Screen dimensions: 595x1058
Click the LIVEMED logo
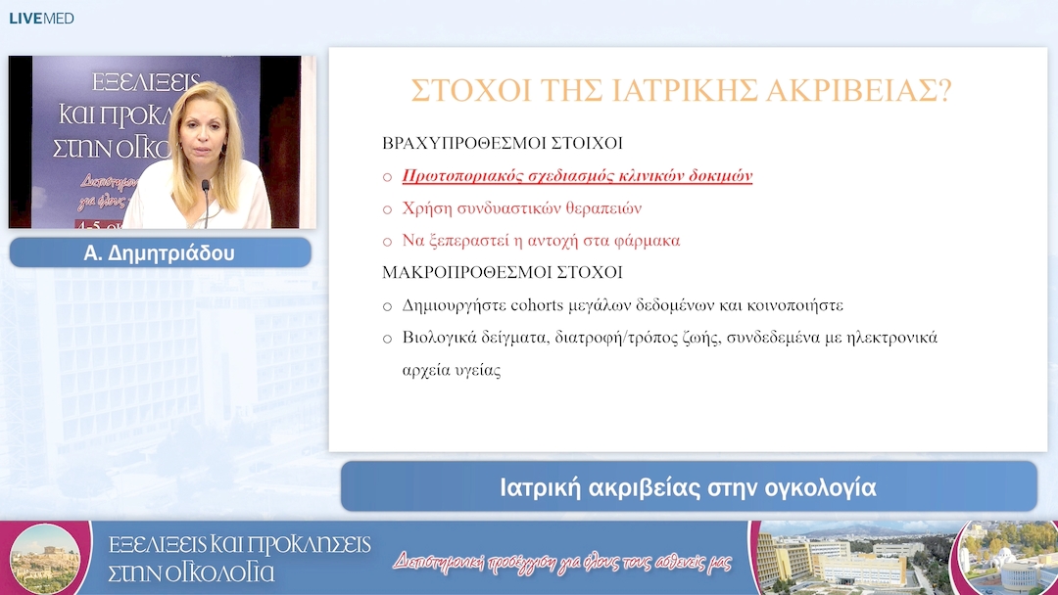point(42,19)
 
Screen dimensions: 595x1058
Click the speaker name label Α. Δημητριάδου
point(160,252)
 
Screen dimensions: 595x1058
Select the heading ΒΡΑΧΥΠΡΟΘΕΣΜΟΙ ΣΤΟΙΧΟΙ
point(502,143)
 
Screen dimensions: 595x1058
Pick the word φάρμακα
point(646,240)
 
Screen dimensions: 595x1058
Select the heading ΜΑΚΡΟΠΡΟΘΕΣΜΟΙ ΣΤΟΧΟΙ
point(502,272)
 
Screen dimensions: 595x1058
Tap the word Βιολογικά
point(439,338)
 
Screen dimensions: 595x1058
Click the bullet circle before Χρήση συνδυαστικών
point(387,209)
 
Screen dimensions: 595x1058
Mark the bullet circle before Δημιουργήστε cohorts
point(387,306)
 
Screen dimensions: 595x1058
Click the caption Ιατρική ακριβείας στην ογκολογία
point(688,486)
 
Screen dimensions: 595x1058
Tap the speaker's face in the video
point(202,138)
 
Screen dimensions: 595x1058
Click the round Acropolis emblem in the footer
point(44,558)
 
